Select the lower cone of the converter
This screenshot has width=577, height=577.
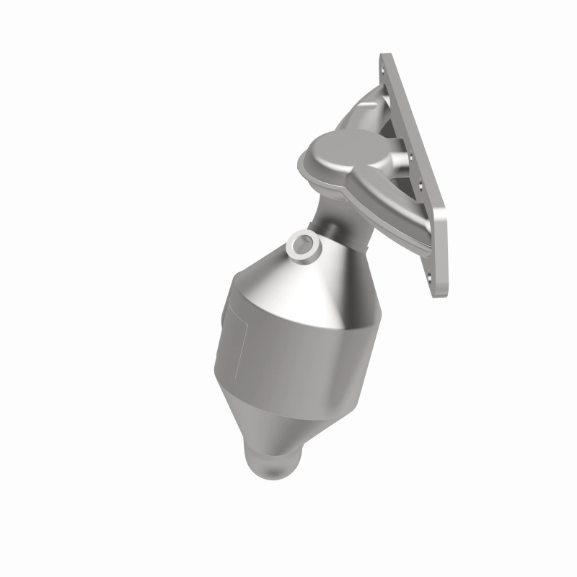pos(296,426)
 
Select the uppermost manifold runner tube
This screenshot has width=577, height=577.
pos(361,108)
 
